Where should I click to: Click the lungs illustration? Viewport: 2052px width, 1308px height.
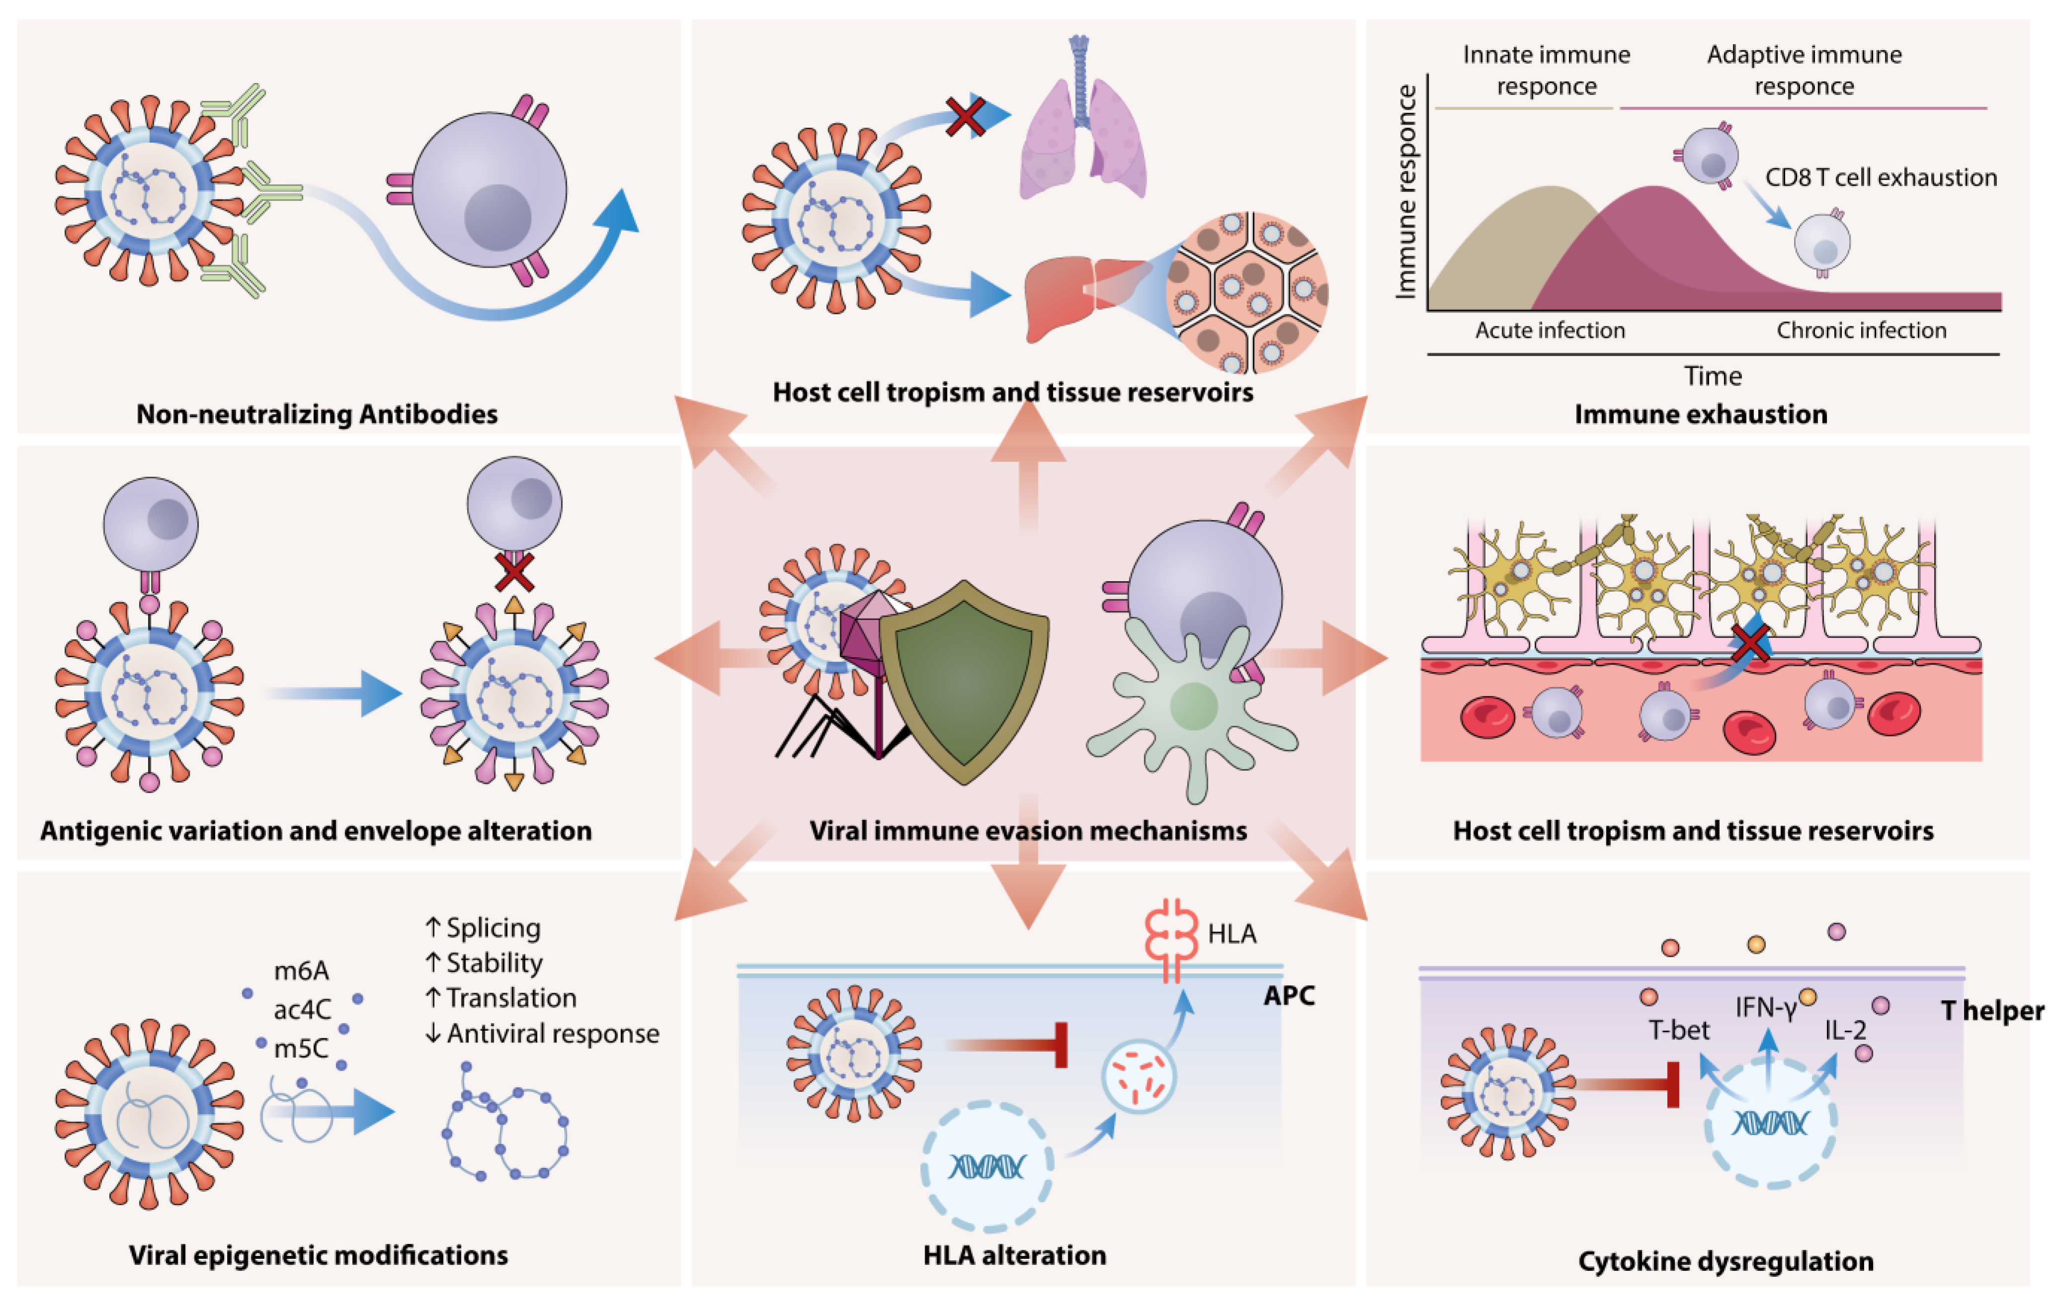pos(1082,136)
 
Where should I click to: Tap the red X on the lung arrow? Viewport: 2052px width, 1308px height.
pos(965,117)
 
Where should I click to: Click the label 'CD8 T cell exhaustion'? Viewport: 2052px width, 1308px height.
pos(1881,177)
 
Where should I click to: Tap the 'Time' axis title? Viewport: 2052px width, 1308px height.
pos(1712,376)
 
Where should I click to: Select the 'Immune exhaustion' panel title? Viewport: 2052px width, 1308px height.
pos(1700,414)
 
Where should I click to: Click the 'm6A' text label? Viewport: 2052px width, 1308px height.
pos(301,971)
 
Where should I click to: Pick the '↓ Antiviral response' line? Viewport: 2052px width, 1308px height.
pos(542,1034)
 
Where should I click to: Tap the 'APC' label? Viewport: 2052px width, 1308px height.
pos(1288,995)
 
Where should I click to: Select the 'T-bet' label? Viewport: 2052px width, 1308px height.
pos(1679,1030)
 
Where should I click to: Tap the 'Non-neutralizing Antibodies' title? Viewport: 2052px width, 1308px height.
pos(317,414)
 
